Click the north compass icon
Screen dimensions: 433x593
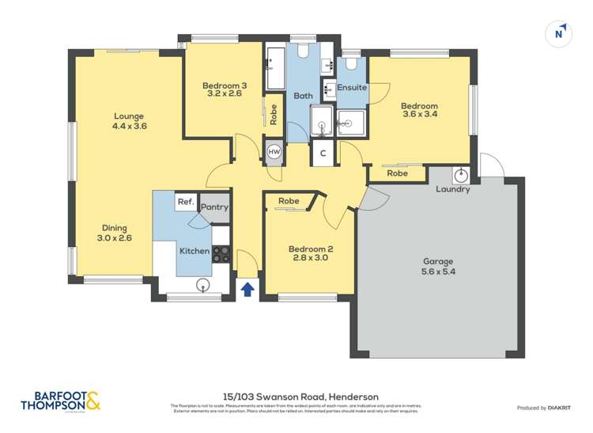[560, 33]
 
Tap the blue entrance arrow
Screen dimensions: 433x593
[247, 289]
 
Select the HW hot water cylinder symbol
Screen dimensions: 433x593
[274, 152]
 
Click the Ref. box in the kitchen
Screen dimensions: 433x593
[185, 202]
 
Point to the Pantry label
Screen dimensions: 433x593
[214, 207]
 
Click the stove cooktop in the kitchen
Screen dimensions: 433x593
[221, 253]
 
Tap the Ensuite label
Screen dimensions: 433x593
[352, 88]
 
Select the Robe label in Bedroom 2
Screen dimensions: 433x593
[289, 201]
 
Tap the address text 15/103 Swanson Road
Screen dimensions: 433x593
[300, 397]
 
